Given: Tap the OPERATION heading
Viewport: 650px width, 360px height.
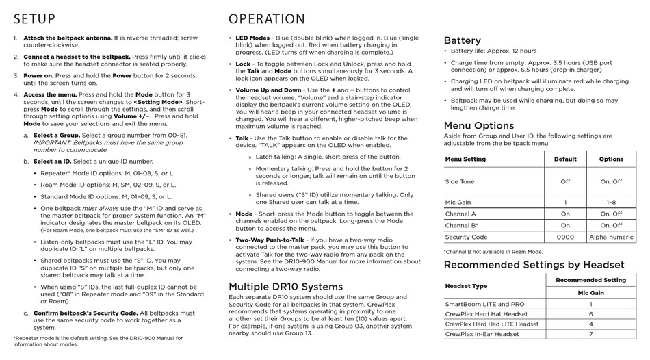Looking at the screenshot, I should click(267, 18).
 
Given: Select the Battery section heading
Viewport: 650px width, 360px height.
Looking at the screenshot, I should click(463, 40).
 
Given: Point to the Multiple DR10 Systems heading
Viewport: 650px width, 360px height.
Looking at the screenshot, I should click(285, 286).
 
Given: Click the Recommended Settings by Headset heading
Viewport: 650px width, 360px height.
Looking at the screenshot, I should click(534, 265).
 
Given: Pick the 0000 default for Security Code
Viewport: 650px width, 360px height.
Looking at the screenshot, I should click(565, 237).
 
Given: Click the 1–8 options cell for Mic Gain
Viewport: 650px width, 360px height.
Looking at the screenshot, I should click(611, 203).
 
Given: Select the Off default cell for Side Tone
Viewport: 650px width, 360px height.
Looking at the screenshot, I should click(565, 182).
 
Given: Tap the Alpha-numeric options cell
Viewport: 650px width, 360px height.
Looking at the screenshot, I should click(611, 237).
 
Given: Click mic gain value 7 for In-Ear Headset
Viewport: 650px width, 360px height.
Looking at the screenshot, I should click(590, 334).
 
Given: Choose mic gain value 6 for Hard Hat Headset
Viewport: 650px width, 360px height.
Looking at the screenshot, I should click(590, 314).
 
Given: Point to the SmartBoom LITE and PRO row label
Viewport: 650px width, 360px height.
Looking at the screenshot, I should click(485, 304).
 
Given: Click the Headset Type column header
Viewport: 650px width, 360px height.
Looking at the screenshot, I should click(467, 286).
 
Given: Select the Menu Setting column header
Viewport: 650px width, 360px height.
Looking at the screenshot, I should click(465, 159).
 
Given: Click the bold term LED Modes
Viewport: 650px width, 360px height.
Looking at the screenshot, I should click(252, 38).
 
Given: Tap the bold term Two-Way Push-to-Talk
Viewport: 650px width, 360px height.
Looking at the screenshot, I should click(270, 240).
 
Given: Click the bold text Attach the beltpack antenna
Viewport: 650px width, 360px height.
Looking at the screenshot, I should click(67, 38).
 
